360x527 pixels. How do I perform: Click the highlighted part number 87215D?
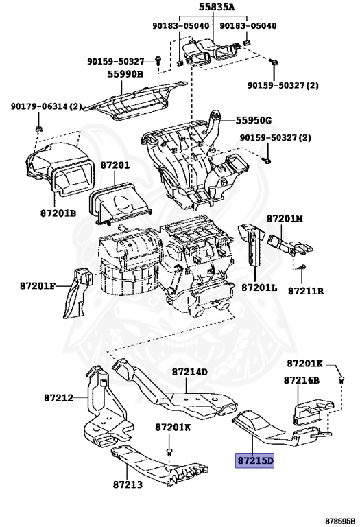tap(255, 460)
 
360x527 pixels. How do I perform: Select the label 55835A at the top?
tap(217, 7)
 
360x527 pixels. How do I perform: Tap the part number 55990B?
tap(125, 74)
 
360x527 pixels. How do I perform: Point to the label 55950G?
tap(254, 120)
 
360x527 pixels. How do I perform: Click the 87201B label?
tap(58, 213)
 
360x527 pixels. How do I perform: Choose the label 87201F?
tap(37, 286)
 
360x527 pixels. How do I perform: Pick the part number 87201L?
tap(260, 288)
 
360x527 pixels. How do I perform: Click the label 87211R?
tap(306, 291)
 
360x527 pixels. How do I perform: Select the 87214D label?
tap(190, 372)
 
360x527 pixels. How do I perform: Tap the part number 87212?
tap(58, 398)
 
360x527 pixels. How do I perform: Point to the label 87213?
tap(128, 484)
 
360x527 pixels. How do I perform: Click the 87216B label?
tap(302, 380)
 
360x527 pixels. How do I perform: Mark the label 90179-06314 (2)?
tap(47, 106)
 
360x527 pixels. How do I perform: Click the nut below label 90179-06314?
tap(38, 129)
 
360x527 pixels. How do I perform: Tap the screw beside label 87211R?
tap(302, 266)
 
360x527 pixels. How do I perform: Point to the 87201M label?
tap(285, 218)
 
